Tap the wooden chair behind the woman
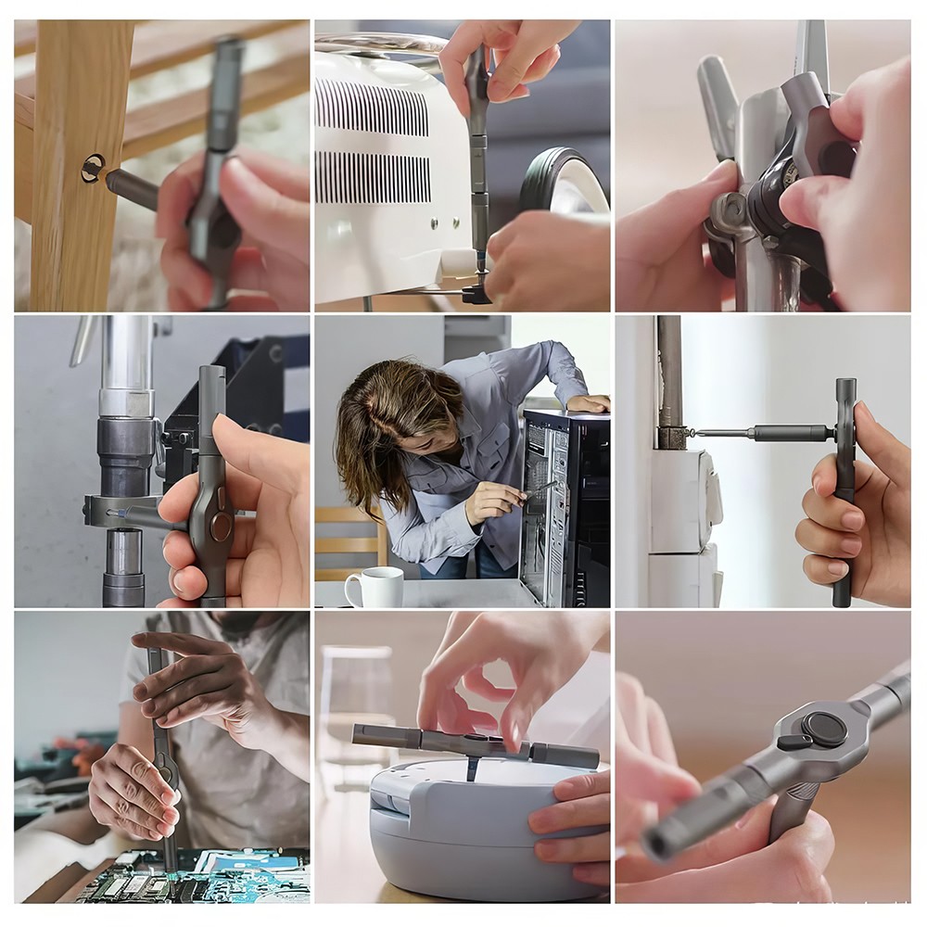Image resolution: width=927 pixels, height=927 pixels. click(349, 542)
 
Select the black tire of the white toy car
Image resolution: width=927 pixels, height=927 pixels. click(561, 181)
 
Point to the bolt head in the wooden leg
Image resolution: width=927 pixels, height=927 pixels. click(92, 169)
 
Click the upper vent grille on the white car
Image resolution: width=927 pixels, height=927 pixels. click(372, 108)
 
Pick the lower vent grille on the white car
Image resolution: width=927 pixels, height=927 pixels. click(372, 177)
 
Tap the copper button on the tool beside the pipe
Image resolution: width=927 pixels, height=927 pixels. click(221, 527)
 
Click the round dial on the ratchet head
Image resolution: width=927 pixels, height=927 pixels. click(822, 729)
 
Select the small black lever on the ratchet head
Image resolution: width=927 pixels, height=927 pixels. click(795, 743)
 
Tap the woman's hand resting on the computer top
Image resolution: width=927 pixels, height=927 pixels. click(588, 403)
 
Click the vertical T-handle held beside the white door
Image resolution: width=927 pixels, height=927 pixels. click(844, 491)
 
